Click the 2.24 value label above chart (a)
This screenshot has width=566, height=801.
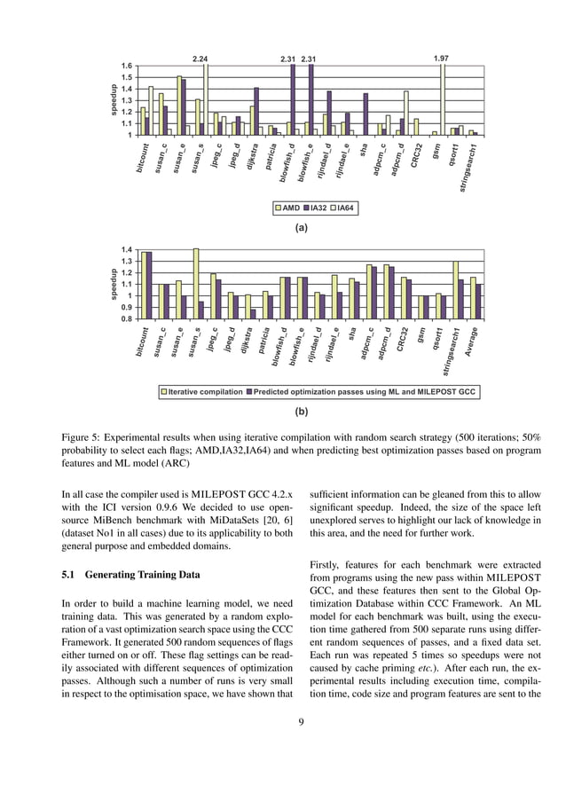200,59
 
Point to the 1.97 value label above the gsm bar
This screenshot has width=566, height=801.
440,59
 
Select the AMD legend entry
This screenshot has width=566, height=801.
287,208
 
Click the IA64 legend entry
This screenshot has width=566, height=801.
345,208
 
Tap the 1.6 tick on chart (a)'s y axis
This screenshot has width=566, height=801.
128,67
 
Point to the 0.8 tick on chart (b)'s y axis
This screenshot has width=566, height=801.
128,318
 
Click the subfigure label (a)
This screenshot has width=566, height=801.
301,228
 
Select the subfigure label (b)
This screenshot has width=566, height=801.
301,412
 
